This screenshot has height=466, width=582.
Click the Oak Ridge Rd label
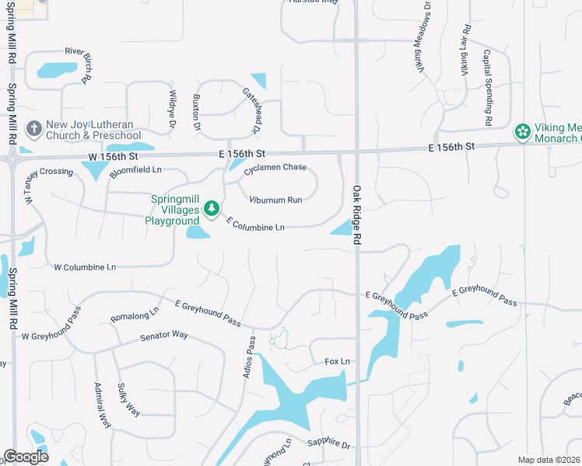tap(358, 215)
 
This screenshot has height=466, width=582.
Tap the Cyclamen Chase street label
tap(275, 168)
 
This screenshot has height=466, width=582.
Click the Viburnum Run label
tap(275, 200)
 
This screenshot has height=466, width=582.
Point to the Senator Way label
tap(164, 336)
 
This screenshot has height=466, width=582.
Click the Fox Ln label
tap(338, 362)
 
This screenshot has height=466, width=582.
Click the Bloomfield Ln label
tap(135, 170)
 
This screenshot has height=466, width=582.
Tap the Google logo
tap(26, 457)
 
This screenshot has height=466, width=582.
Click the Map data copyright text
tap(549, 460)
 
